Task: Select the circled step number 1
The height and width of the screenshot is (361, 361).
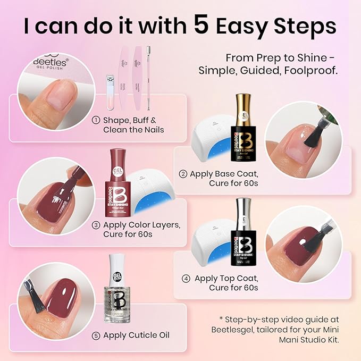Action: tap(96, 120)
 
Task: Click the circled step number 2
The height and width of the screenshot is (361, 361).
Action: tap(183, 173)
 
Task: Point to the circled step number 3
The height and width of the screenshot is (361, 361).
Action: tap(96, 225)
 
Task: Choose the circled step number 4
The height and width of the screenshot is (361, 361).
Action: tap(185, 278)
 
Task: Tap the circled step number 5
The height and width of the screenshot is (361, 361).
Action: tap(96, 335)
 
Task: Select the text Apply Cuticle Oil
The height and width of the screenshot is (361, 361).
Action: tap(136, 335)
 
